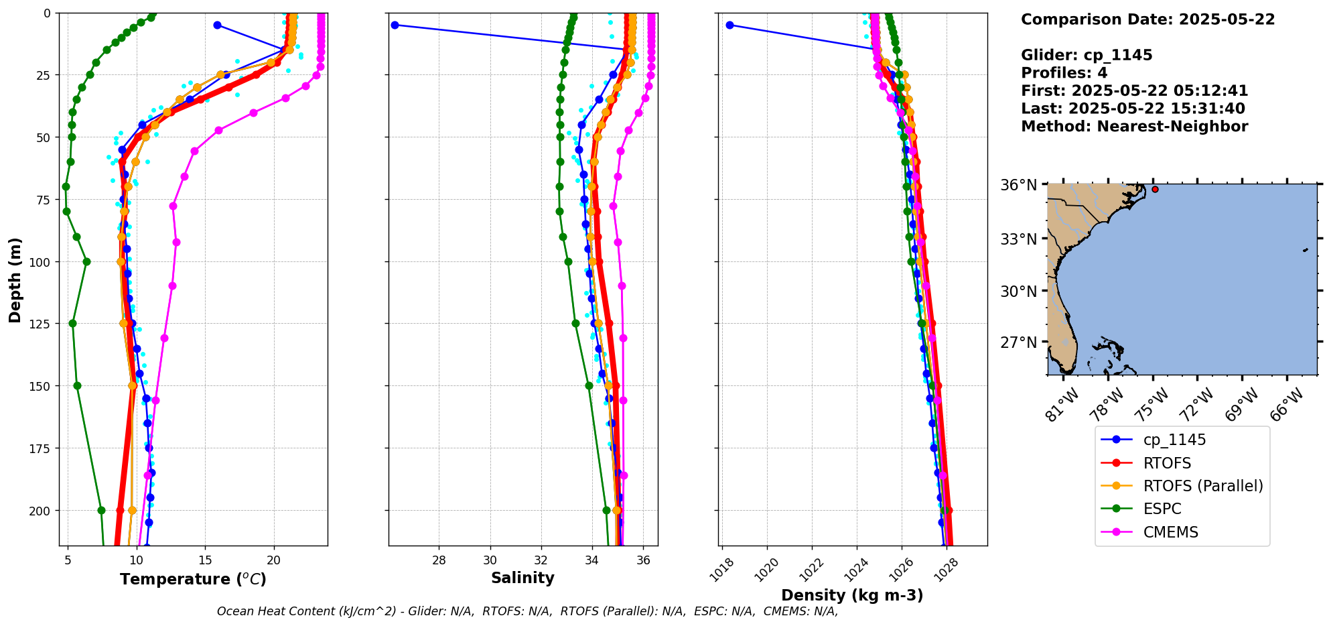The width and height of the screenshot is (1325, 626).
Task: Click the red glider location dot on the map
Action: tap(1155, 190)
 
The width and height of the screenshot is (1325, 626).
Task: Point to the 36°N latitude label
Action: tap(1018, 185)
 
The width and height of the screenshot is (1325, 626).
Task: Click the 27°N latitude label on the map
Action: tap(1018, 342)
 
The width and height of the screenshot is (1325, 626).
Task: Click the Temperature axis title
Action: tap(193, 579)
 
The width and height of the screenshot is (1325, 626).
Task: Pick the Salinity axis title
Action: tap(522, 578)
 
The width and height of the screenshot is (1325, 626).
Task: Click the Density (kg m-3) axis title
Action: tap(852, 595)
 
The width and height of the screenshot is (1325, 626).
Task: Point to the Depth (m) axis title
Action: tap(15, 279)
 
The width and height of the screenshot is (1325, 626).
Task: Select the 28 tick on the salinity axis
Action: tap(439, 560)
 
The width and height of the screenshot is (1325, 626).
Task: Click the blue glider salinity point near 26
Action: tap(395, 25)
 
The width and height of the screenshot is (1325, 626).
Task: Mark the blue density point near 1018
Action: tap(729, 25)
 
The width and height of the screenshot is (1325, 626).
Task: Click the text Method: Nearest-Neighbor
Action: tap(1134, 127)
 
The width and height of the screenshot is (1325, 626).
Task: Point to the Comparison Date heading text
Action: tap(1147, 19)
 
